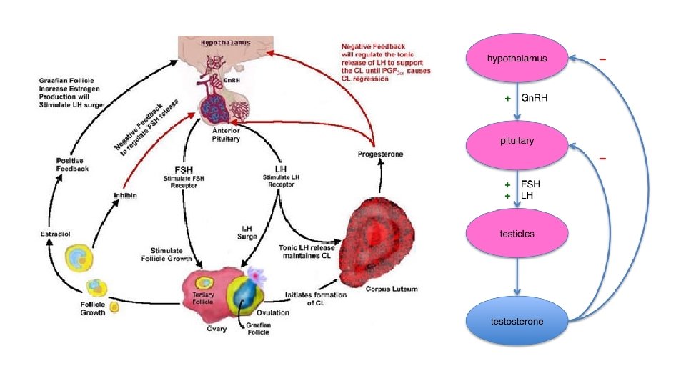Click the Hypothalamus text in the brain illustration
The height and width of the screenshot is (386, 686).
pos(225,43)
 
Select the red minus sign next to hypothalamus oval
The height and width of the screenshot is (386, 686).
pos(604,60)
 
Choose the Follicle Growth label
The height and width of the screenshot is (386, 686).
pos(92,308)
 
